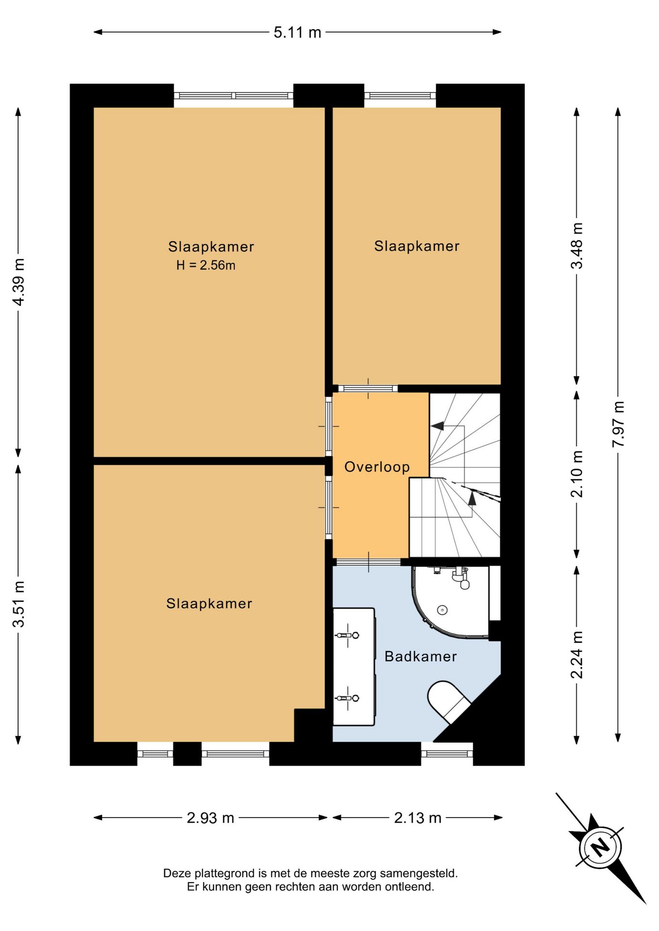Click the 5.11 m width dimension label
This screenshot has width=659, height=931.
297,32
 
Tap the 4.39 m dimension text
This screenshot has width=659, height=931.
19,282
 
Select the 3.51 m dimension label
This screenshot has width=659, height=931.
19,604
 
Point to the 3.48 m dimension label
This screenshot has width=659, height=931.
577,245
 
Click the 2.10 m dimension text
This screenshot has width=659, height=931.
577,474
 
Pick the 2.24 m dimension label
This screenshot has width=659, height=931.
577,655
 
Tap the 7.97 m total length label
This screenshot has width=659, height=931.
618,424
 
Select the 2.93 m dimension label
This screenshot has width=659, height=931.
211,818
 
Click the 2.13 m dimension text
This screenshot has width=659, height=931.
418,818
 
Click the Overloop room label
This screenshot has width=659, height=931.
377,467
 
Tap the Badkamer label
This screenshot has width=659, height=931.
421,657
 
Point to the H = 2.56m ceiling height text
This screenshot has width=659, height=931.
206,265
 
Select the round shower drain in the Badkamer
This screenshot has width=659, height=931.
442,610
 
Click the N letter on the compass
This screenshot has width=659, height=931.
601,847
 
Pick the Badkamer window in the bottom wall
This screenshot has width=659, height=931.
447,754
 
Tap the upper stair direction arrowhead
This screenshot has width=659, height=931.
438,426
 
